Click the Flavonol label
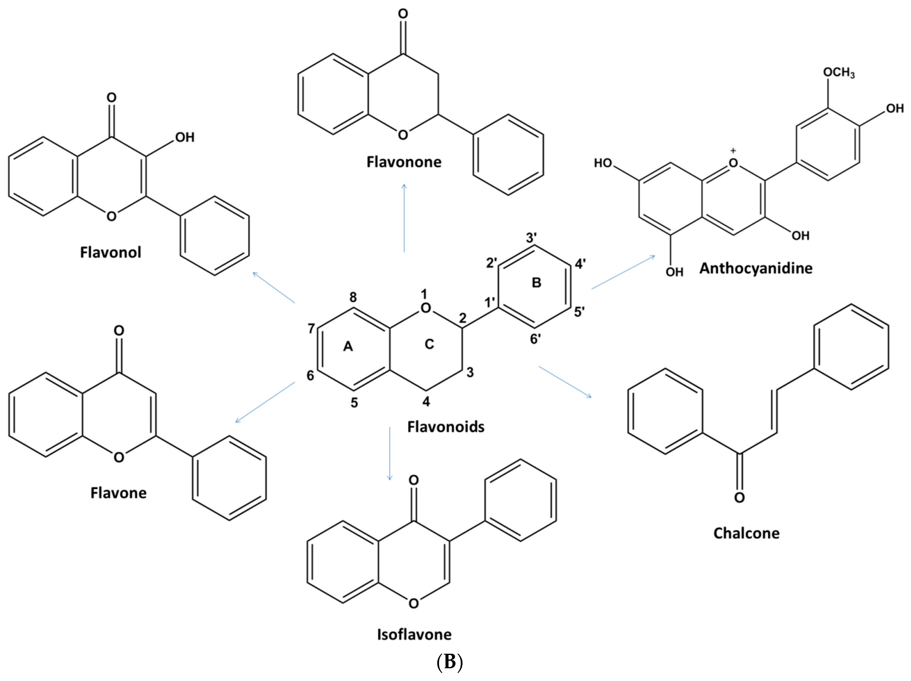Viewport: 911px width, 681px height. pos(110,252)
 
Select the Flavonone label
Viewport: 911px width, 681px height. pos(403,162)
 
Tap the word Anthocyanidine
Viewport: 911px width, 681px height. pos(756,268)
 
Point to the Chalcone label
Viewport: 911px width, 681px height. pos(746,533)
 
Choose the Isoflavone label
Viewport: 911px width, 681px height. pos(414,634)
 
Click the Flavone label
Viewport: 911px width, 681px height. pos(118,493)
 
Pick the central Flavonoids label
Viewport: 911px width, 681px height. pos(445,427)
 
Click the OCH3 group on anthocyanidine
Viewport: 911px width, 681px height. pos(838,73)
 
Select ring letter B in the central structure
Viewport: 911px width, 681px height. pos(536,283)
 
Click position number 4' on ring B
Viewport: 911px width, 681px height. pos(580,264)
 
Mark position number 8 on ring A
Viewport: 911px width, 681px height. pos(353,297)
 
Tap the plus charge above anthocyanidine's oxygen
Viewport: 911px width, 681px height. pos(733,151)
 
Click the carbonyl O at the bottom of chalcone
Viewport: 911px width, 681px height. pos(739,498)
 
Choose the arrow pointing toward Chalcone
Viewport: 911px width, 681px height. pos(565,381)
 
